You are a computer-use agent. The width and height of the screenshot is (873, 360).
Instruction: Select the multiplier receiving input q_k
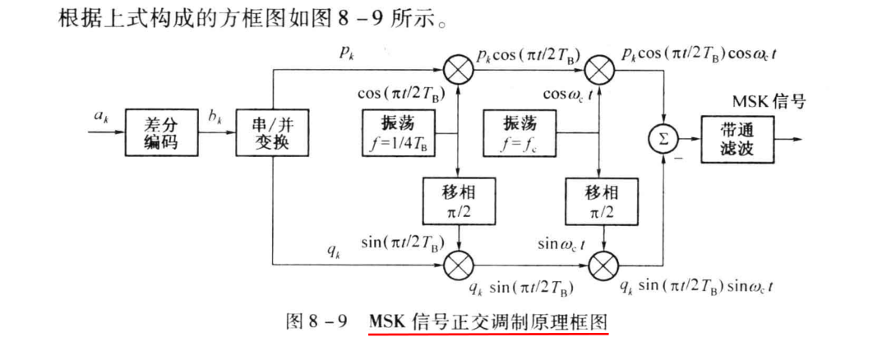click(458, 265)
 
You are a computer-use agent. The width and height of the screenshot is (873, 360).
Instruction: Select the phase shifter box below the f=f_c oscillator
click(603, 200)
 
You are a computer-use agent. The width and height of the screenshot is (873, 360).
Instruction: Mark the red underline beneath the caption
click(489, 335)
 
